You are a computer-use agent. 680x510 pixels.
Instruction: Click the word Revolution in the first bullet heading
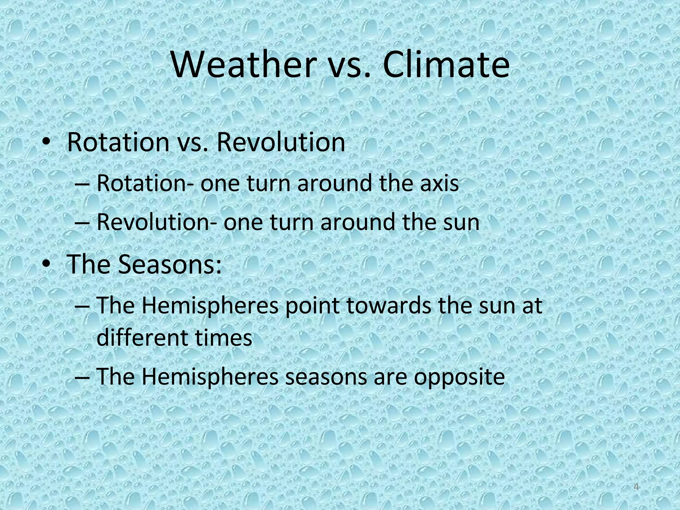click(281, 143)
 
